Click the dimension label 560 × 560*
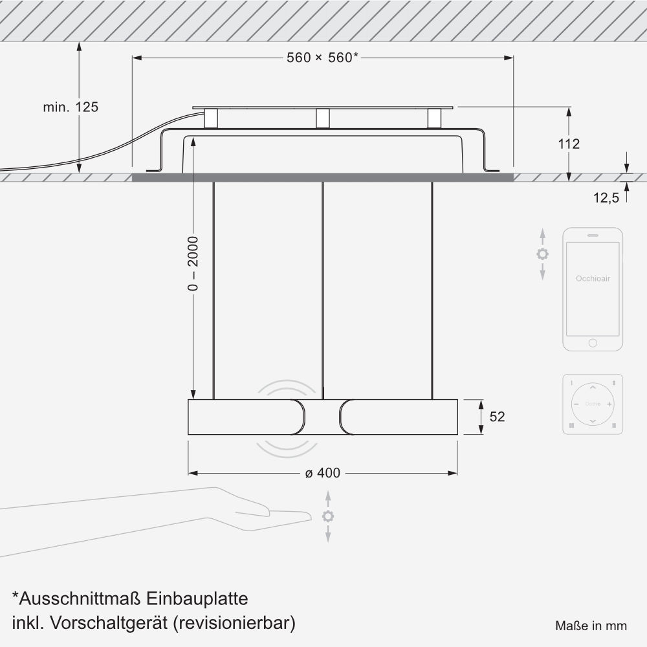coord(323,58)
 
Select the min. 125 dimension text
coord(71,107)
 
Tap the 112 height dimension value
coord(569,144)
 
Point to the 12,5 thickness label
coord(606,198)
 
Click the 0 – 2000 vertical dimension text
coord(193,264)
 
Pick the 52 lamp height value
coord(497,417)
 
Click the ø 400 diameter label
coord(323,473)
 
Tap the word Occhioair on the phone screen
coord(593,278)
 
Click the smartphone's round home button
coord(593,343)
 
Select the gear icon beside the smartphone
coord(543,254)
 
